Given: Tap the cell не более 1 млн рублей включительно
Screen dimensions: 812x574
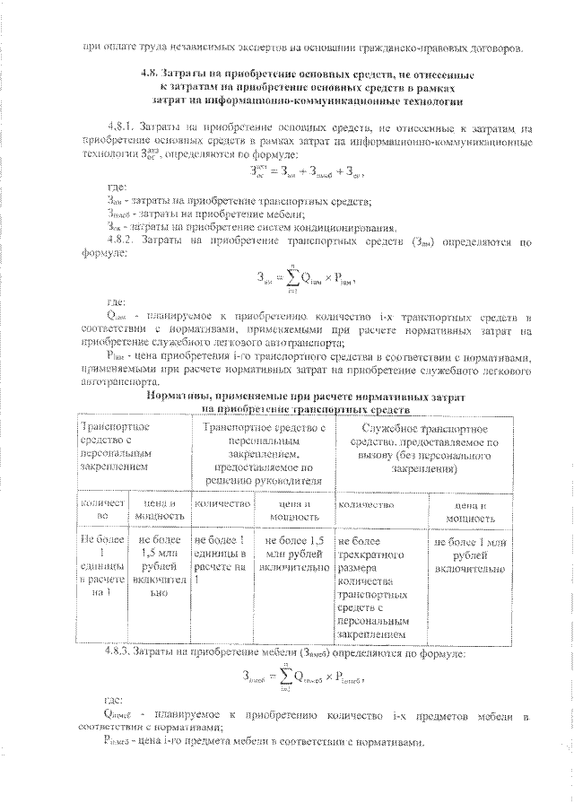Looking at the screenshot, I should click(x=471, y=555).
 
